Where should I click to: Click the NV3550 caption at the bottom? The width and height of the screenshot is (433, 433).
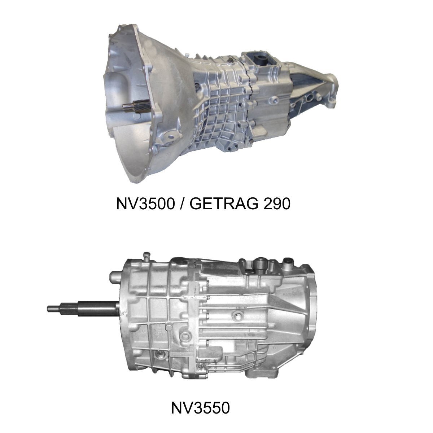point(200,409)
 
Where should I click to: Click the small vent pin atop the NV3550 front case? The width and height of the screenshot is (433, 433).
point(146,255)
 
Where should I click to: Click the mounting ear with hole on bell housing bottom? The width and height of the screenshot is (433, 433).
point(167,136)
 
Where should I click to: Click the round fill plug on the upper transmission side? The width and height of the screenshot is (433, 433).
point(197,86)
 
